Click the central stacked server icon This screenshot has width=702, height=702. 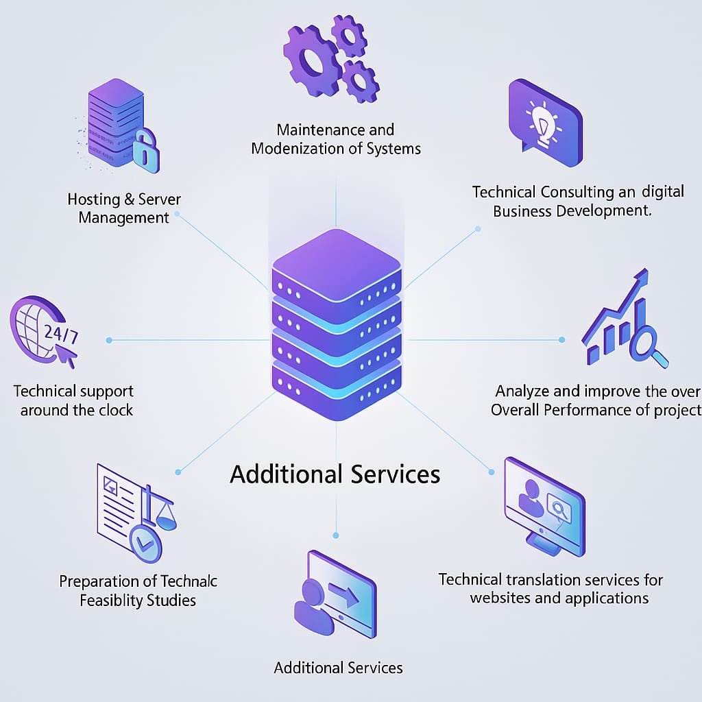336,322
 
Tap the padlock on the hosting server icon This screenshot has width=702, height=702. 145,152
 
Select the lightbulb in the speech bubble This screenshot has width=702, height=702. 543,121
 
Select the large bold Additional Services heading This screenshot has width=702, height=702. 335,474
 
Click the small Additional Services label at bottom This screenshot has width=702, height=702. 338,668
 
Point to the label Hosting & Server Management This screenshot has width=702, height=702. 124,208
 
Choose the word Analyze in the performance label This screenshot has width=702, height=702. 522,391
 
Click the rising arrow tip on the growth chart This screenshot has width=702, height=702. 642,275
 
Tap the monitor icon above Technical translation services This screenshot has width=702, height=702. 544,505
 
